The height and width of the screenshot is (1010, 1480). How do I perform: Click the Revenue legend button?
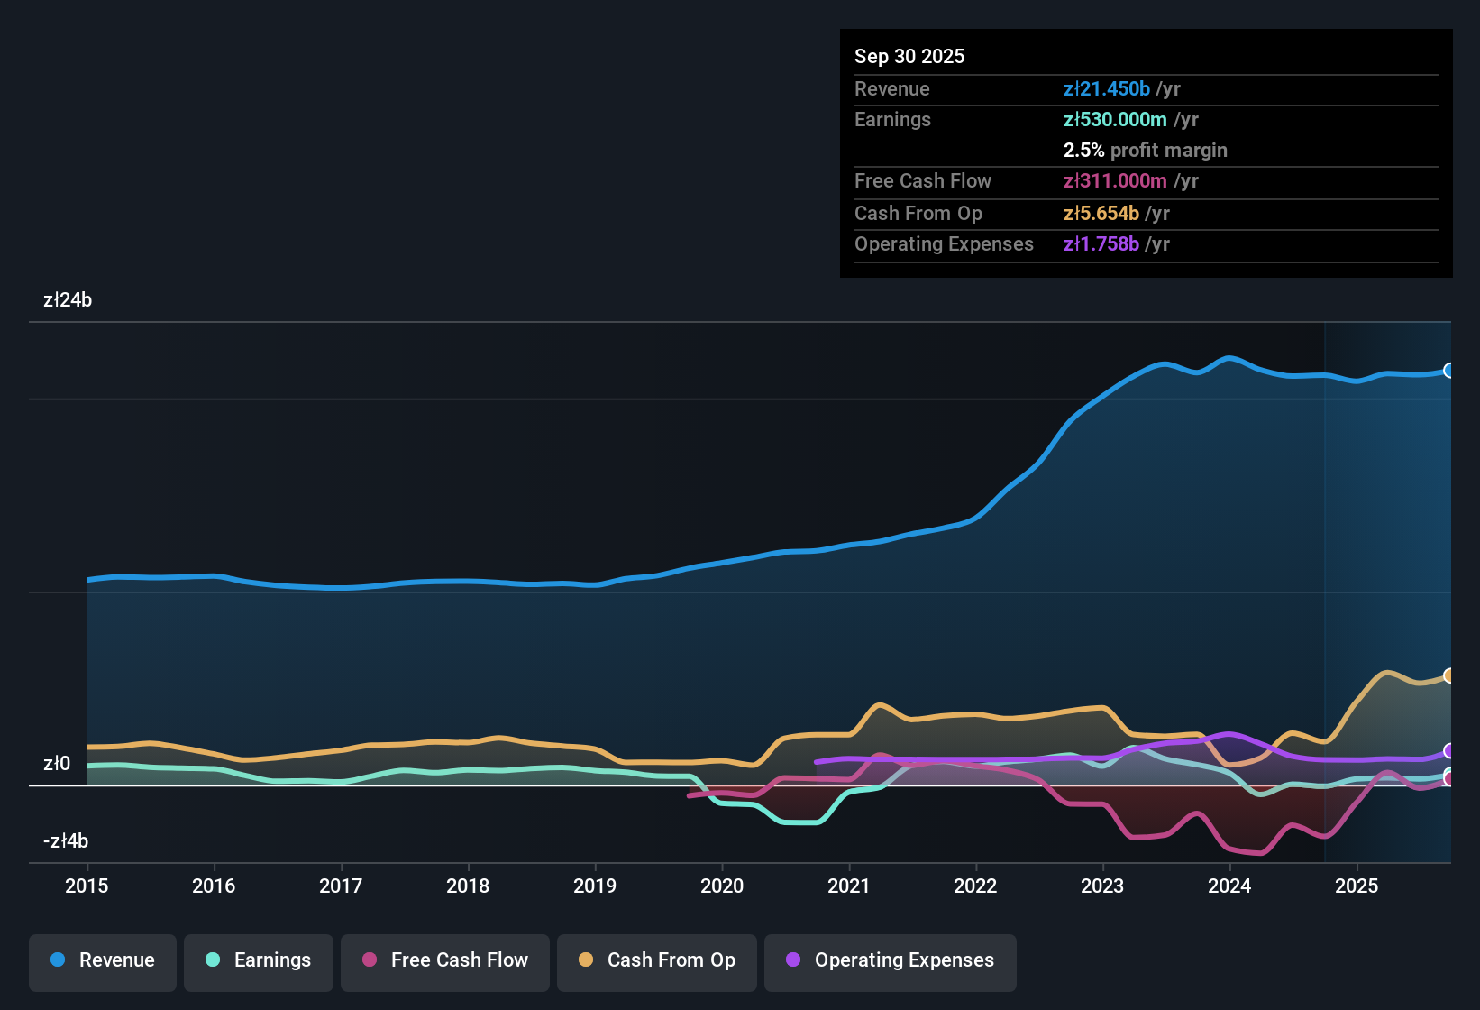tap(103, 960)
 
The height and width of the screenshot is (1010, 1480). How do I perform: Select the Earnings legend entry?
tap(259, 960)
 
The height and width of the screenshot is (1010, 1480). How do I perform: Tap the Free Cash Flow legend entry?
tap(445, 960)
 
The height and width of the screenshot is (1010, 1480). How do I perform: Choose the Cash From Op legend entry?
tap(657, 960)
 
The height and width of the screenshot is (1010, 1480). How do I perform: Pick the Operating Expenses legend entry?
tap(891, 960)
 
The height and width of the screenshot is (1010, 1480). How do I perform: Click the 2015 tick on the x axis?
tap(87, 886)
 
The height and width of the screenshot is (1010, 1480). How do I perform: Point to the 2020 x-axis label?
tap(722, 886)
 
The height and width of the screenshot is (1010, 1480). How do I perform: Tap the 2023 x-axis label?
tap(1102, 886)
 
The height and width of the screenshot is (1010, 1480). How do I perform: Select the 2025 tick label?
tap(1357, 886)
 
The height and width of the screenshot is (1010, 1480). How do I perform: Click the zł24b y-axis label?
tap(68, 300)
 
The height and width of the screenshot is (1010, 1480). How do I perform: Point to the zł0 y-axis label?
tap(57, 764)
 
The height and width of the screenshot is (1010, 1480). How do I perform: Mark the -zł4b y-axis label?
tap(66, 841)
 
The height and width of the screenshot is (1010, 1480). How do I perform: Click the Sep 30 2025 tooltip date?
tap(909, 56)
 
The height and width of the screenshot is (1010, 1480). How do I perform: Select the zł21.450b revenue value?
tap(1107, 88)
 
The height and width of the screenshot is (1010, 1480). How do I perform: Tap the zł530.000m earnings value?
tap(1115, 119)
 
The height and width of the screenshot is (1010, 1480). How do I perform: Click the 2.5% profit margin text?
tap(1145, 150)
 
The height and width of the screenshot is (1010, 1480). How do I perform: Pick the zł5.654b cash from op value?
tap(1101, 213)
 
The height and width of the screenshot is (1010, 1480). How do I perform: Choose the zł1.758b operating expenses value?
tap(1101, 243)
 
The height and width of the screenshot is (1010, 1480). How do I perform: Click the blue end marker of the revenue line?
tap(1448, 371)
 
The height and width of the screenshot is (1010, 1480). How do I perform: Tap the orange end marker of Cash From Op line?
tap(1448, 675)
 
